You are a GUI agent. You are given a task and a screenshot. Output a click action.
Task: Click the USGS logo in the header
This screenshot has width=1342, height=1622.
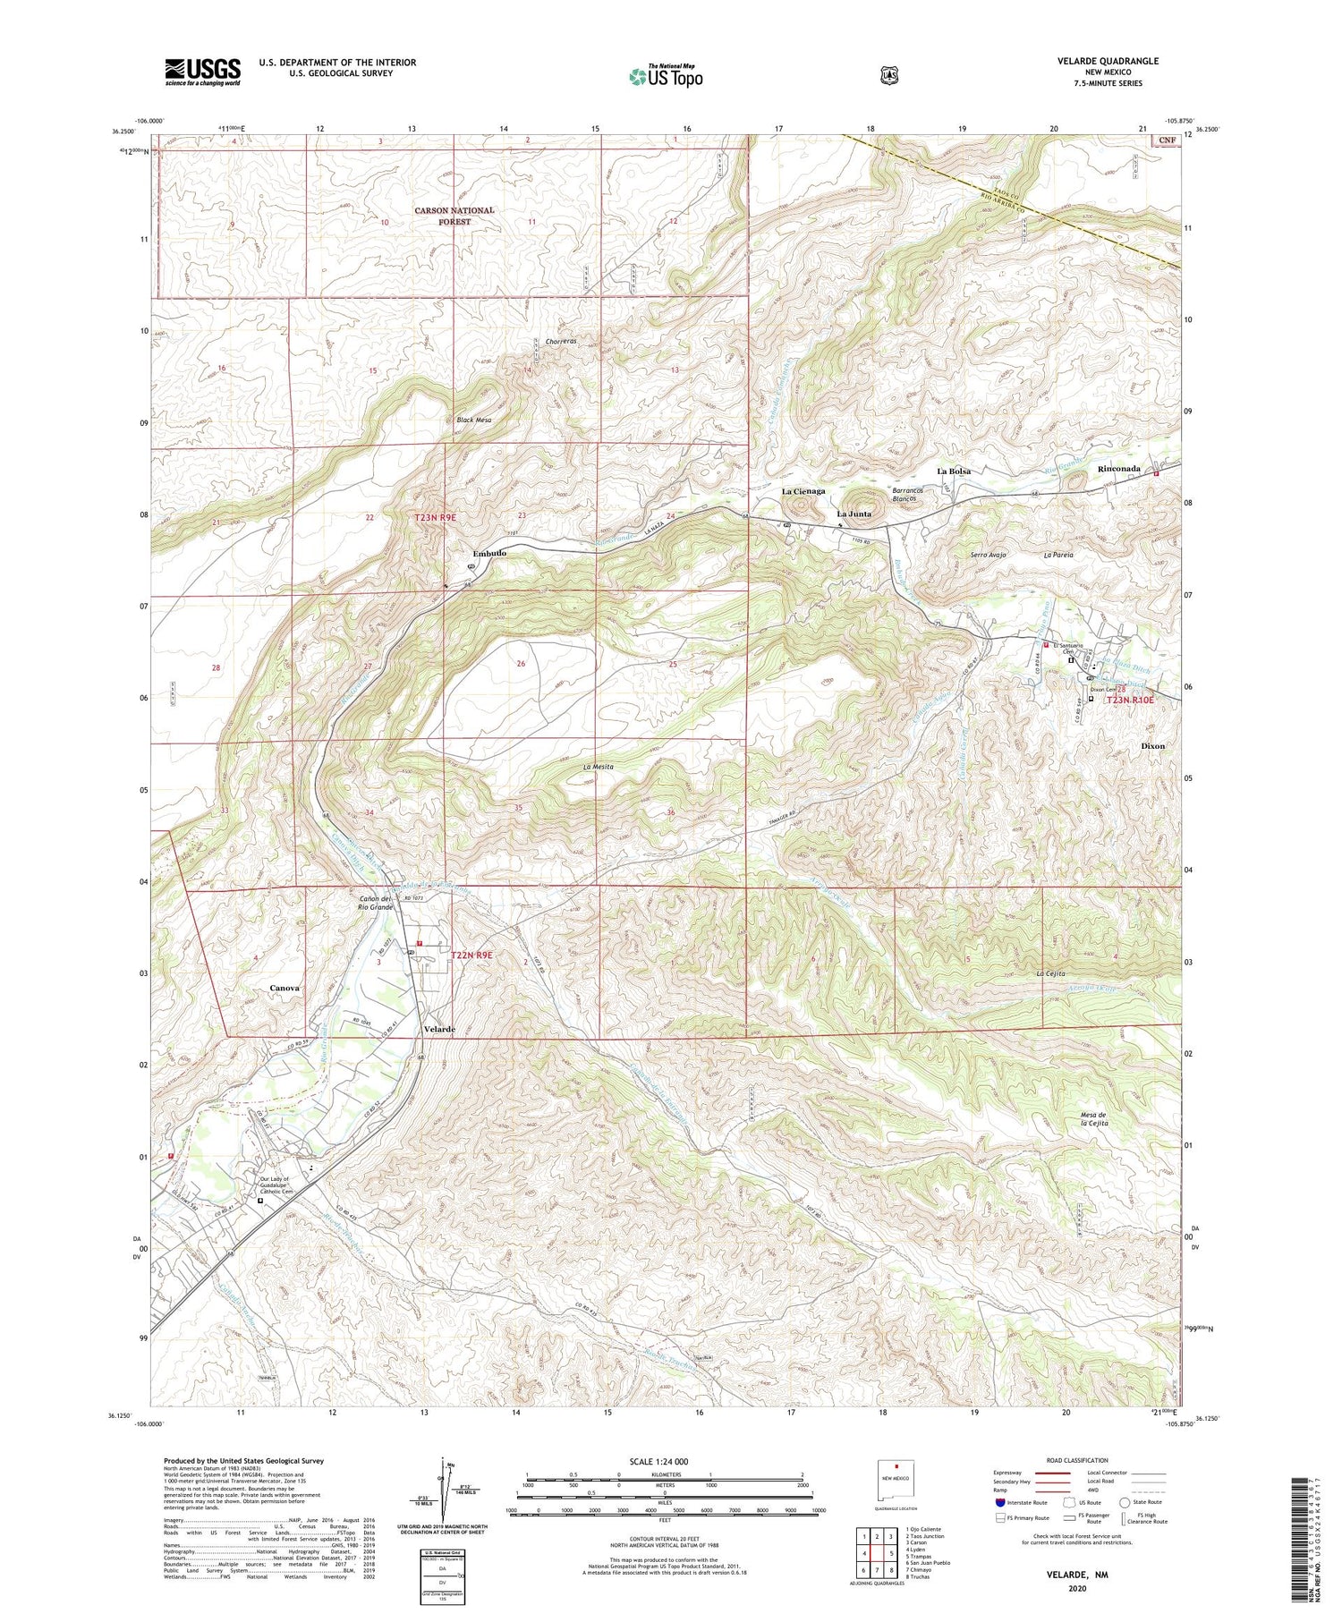[x=202, y=72]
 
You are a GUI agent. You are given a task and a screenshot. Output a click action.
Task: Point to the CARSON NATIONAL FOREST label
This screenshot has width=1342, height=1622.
[x=454, y=216]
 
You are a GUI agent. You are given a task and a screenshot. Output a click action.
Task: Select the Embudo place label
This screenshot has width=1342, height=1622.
[x=489, y=554]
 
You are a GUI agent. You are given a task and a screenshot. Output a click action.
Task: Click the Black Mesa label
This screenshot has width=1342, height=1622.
[x=473, y=420]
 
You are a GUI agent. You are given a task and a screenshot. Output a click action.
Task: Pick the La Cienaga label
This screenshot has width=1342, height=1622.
[x=804, y=491]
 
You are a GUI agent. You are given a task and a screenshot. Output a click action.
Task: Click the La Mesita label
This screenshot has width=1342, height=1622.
[x=598, y=767]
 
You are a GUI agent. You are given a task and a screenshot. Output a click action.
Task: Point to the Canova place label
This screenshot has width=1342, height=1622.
[x=284, y=988]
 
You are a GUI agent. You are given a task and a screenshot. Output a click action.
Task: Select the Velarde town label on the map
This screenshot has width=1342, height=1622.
[x=438, y=1029]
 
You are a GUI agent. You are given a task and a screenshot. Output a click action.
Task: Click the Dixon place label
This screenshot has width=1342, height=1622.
[x=1152, y=745]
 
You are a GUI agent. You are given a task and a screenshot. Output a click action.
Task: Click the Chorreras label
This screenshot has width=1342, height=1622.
[x=561, y=342]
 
